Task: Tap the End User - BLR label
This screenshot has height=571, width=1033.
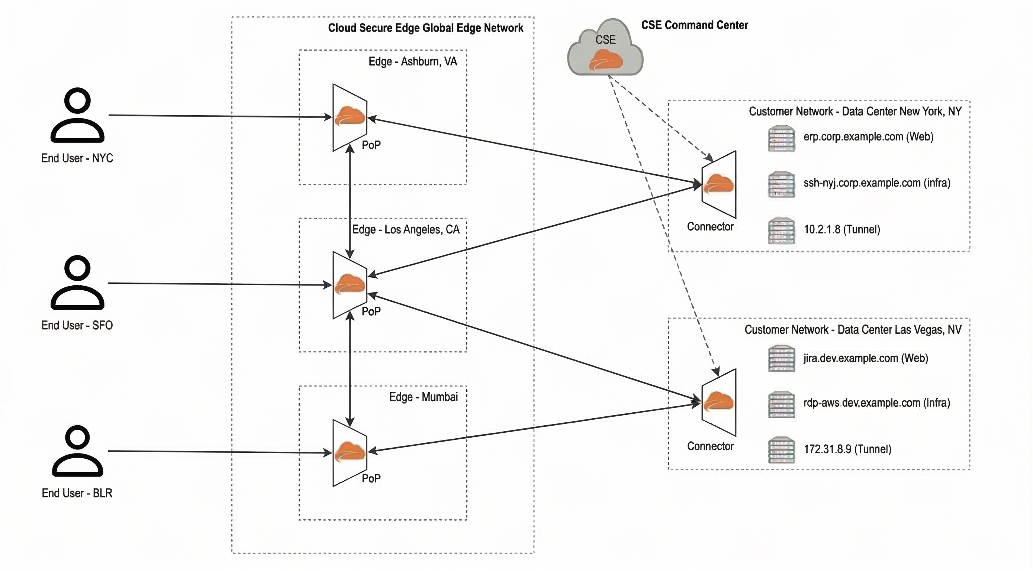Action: pyautogui.click(x=77, y=493)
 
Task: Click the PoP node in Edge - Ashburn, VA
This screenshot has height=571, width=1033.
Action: pyautogui.click(x=350, y=117)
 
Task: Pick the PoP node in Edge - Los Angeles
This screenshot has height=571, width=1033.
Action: pyautogui.click(x=350, y=285)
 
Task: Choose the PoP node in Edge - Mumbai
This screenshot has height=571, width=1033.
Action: pyautogui.click(x=350, y=453)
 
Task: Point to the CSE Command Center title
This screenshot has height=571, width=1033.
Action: pyautogui.click(x=695, y=25)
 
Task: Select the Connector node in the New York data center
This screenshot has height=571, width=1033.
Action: pyautogui.click(x=719, y=185)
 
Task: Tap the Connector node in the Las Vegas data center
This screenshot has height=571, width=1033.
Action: pyautogui.click(x=719, y=403)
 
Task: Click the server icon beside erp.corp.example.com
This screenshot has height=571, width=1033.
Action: pyautogui.click(x=782, y=138)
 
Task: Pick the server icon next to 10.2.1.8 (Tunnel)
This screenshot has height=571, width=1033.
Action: pyautogui.click(x=782, y=230)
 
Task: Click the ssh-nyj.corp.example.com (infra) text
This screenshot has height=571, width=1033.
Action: pyautogui.click(x=876, y=183)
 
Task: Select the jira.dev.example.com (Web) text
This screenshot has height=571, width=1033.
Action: pyautogui.click(x=865, y=358)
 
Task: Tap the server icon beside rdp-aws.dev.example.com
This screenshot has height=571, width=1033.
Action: pyautogui.click(x=782, y=404)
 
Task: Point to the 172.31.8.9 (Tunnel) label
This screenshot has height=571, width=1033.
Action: pyautogui.click(x=847, y=449)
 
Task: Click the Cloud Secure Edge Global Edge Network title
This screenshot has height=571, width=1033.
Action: pyautogui.click(x=425, y=28)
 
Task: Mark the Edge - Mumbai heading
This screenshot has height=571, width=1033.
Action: pyautogui.click(x=424, y=397)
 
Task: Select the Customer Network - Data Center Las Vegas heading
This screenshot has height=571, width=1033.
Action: pyautogui.click(x=853, y=330)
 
